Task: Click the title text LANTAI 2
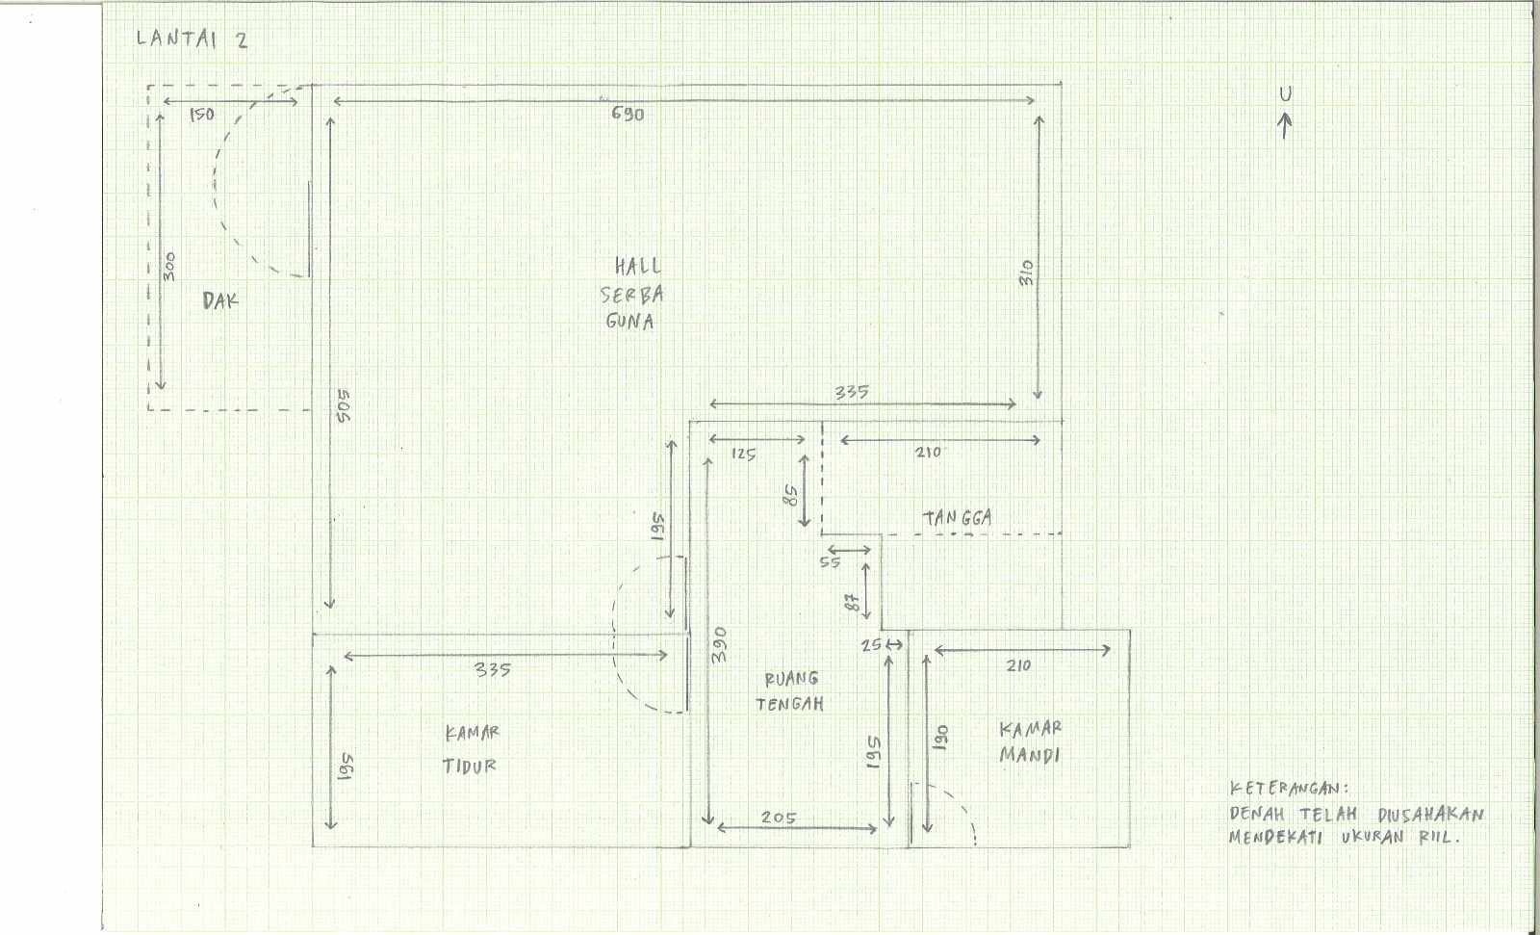192,39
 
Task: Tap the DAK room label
220,300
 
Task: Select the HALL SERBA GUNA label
631,294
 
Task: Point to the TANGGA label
957,518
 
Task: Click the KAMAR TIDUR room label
471,749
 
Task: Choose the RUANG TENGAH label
790,691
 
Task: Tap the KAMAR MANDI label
1030,742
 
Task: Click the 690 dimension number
628,115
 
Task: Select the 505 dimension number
344,406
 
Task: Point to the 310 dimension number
1026,273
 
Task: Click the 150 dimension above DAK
202,115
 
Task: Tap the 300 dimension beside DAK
169,267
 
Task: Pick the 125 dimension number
743,455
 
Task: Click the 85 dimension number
791,495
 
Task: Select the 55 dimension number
830,562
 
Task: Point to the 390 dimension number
718,644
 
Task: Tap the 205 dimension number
779,818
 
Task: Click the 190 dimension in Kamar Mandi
942,738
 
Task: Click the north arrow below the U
1284,126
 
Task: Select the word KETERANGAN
1289,789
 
